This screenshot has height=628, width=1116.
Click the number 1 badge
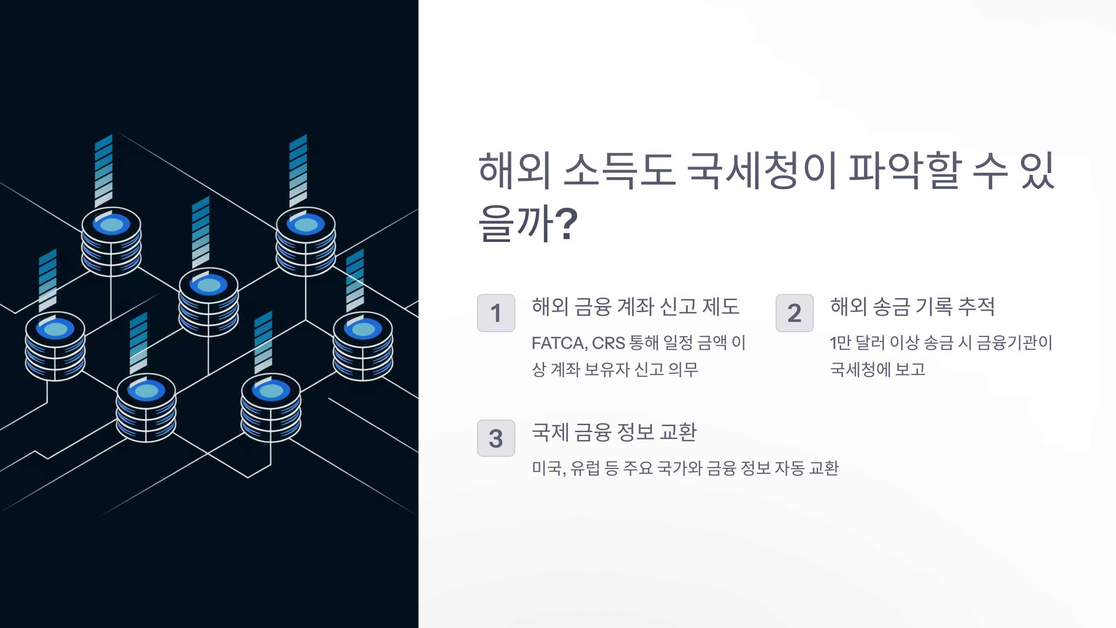click(x=496, y=313)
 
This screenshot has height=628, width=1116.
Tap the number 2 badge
click(x=794, y=313)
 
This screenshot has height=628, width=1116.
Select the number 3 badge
click(x=496, y=438)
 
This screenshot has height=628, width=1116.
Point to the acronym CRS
click(x=608, y=343)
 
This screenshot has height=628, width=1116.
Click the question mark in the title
click(x=566, y=224)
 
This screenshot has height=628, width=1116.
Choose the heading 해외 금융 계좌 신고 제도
click(x=635, y=307)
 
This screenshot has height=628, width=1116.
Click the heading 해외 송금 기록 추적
click(x=912, y=307)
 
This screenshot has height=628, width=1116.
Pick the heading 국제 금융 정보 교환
click(x=614, y=433)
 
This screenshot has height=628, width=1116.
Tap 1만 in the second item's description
click(x=840, y=343)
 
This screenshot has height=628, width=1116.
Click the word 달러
click(x=870, y=343)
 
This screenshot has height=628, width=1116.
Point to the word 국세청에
click(x=860, y=370)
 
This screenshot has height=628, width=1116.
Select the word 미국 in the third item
click(x=547, y=468)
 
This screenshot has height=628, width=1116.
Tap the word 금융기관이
click(x=1014, y=343)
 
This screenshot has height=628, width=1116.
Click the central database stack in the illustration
click(x=208, y=302)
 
